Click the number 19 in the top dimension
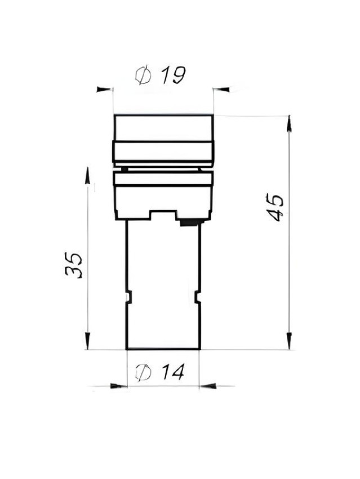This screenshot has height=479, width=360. (174, 75)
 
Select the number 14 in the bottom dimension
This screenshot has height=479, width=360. (173, 372)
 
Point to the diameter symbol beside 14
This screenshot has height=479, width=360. (143, 372)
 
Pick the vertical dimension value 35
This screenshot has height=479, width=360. (74, 264)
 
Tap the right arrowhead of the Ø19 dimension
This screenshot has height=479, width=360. (221, 90)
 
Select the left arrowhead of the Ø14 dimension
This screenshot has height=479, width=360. (118, 386)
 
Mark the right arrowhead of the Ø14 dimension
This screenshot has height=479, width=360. (208, 386)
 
